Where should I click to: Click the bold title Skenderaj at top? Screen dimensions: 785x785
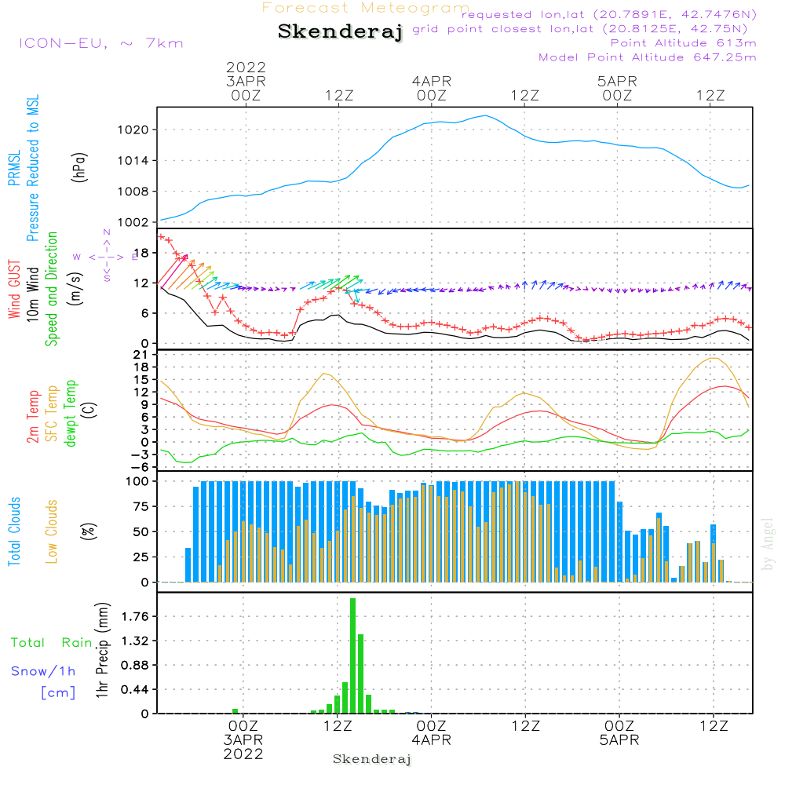(x=341, y=31)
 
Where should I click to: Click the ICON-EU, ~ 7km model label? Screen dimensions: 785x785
(x=101, y=43)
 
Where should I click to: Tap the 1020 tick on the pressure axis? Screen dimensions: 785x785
(x=133, y=130)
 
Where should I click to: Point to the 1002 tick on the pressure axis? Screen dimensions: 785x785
(x=133, y=222)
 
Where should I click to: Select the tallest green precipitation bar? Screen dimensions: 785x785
(x=353, y=655)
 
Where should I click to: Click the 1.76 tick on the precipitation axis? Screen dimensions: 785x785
(x=135, y=616)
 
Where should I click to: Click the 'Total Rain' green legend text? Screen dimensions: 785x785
(x=52, y=643)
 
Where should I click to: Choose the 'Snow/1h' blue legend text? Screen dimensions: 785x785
(x=43, y=671)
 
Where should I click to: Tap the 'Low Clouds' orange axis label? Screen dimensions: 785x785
(x=52, y=531)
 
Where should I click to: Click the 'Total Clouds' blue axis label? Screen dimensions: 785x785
(x=14, y=531)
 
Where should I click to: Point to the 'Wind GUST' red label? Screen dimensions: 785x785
(x=14, y=290)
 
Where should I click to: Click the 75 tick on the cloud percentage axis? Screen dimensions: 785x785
(x=141, y=506)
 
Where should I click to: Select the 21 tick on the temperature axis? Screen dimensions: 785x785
(x=141, y=355)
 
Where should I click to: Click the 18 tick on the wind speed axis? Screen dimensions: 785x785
(x=141, y=253)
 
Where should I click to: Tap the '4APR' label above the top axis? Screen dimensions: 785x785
(x=432, y=81)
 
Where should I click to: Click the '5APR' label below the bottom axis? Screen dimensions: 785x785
(x=619, y=740)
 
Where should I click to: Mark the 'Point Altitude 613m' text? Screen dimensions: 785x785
(x=684, y=43)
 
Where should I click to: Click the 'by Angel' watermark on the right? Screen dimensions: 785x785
(x=768, y=544)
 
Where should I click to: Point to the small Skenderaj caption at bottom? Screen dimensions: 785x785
(x=372, y=759)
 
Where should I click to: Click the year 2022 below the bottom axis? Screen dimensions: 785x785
(x=243, y=754)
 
